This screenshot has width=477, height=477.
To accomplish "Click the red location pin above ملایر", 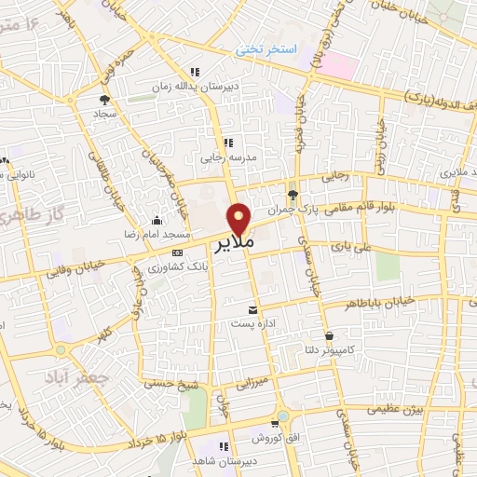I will tap(240, 218).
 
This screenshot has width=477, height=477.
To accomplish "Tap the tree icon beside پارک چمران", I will tap(293, 194).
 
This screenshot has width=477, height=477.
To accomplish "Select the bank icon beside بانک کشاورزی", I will tap(177, 252).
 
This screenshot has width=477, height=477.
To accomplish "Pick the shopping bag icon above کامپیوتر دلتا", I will tap(328, 335).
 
